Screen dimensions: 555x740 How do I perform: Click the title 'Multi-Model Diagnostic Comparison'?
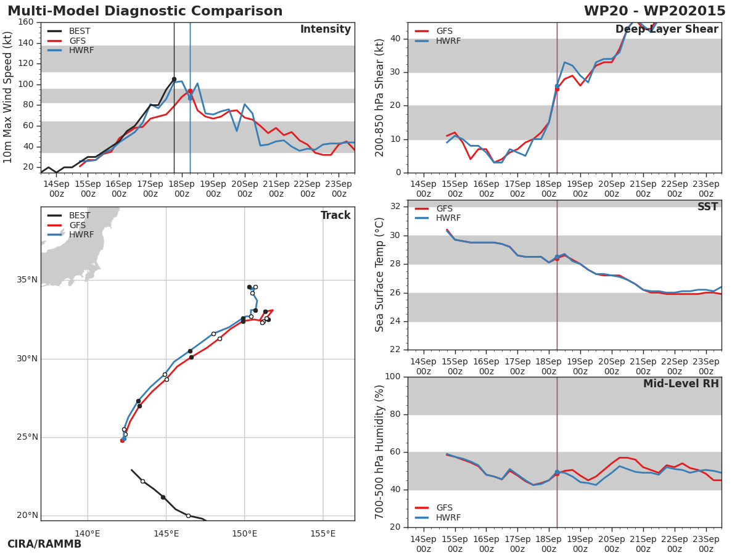click(x=145, y=11)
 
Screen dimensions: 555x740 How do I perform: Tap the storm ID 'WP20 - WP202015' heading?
click(x=654, y=11)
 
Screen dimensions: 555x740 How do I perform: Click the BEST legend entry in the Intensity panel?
click(x=79, y=31)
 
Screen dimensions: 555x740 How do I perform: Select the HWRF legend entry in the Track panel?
click(x=81, y=235)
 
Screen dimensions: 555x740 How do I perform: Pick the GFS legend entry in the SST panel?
click(x=444, y=208)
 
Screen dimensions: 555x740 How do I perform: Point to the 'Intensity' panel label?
click(x=325, y=30)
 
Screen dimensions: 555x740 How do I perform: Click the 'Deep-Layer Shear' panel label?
click(x=667, y=30)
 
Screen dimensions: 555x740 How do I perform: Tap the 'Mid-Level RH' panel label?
click(x=680, y=384)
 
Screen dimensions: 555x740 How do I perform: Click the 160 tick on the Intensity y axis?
click(x=26, y=22)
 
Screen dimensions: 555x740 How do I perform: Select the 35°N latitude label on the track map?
click(x=27, y=280)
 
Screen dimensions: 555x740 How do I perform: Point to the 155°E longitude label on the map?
click(x=323, y=533)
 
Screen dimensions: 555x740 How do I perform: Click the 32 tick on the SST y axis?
click(x=395, y=206)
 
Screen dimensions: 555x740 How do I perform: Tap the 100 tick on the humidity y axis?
click(x=392, y=377)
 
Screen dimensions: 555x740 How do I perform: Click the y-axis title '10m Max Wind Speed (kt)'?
click(x=8, y=97)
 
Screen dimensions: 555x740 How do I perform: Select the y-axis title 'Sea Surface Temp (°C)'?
click(x=380, y=275)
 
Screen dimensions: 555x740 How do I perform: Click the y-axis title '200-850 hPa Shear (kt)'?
click(x=380, y=97)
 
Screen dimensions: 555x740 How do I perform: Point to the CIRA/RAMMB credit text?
click(x=44, y=545)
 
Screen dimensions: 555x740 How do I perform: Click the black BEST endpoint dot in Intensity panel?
click(x=174, y=79)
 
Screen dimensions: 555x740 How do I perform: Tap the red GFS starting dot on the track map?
click(x=122, y=440)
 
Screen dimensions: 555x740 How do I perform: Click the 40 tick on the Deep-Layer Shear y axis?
click(x=395, y=39)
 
